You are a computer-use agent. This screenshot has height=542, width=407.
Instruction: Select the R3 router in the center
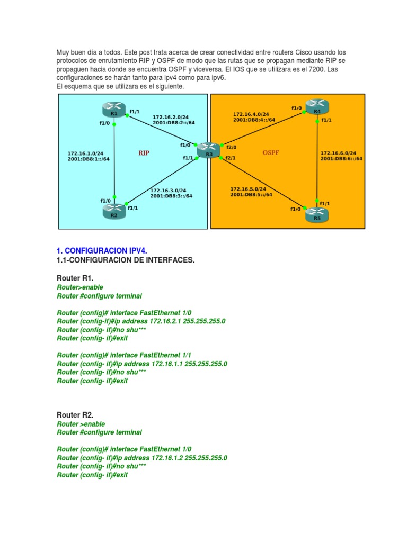208,152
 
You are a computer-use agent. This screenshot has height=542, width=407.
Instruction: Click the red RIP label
144,153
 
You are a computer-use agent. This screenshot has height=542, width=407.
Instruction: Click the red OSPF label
270,153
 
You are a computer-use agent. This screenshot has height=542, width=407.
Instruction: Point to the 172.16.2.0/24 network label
170,117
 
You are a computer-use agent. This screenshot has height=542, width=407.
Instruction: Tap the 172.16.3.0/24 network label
168,190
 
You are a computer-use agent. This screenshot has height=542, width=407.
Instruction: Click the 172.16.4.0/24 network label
251,113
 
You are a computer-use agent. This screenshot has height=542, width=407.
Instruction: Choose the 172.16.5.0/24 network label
248,188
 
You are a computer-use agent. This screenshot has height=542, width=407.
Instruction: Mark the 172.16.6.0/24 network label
338,153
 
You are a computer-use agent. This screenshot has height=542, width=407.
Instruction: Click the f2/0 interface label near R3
232,148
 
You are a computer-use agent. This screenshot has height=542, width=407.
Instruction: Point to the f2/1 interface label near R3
230,158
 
